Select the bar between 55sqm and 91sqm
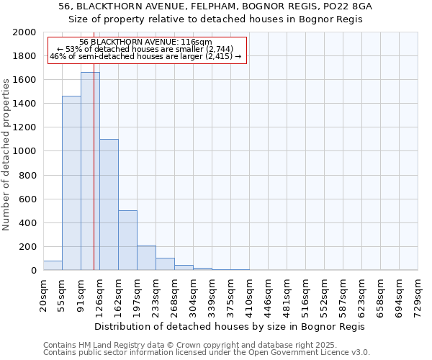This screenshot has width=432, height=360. [71, 183]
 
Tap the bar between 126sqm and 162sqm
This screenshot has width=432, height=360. [109, 204]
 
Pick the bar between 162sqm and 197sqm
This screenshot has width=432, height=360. [127, 240]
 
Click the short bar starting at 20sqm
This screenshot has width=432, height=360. [53, 266]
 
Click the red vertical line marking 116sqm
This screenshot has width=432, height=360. [94, 180]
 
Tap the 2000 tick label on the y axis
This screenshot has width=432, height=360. [24, 32]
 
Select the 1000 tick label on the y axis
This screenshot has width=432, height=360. [24, 152]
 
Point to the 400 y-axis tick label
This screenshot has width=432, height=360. [27, 223]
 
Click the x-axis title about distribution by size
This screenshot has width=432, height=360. [230, 326]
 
